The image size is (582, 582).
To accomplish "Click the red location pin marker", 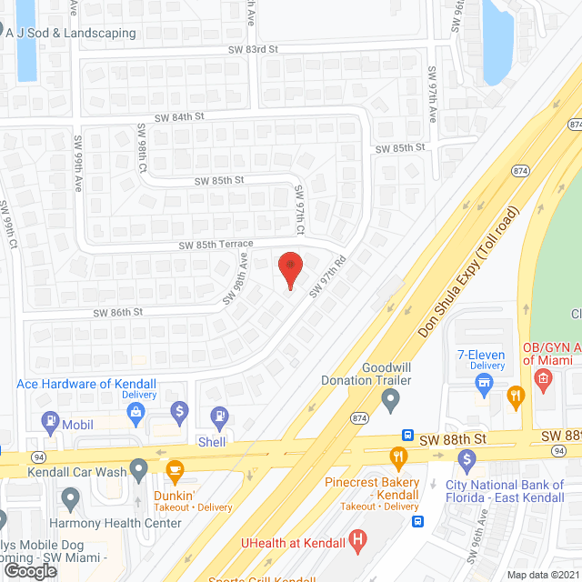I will coord(289,268).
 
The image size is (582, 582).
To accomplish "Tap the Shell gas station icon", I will coord(219,417).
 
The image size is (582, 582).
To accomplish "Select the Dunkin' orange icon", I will coord(175,470).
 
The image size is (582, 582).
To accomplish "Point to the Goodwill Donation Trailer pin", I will coord(390,398).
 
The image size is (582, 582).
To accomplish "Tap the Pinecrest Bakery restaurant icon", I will coord(397,457).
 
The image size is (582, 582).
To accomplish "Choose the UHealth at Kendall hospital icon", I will coord(357,542).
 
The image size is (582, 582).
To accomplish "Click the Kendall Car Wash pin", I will coord(138,470).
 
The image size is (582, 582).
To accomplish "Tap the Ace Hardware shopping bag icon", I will coord(135,413).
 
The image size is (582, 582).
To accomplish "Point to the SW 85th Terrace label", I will coord(216,246).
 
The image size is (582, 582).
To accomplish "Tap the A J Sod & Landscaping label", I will coord(70,34).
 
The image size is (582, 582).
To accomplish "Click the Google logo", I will coord(30,570).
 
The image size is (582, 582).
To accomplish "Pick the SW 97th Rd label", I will coord(328,276).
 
